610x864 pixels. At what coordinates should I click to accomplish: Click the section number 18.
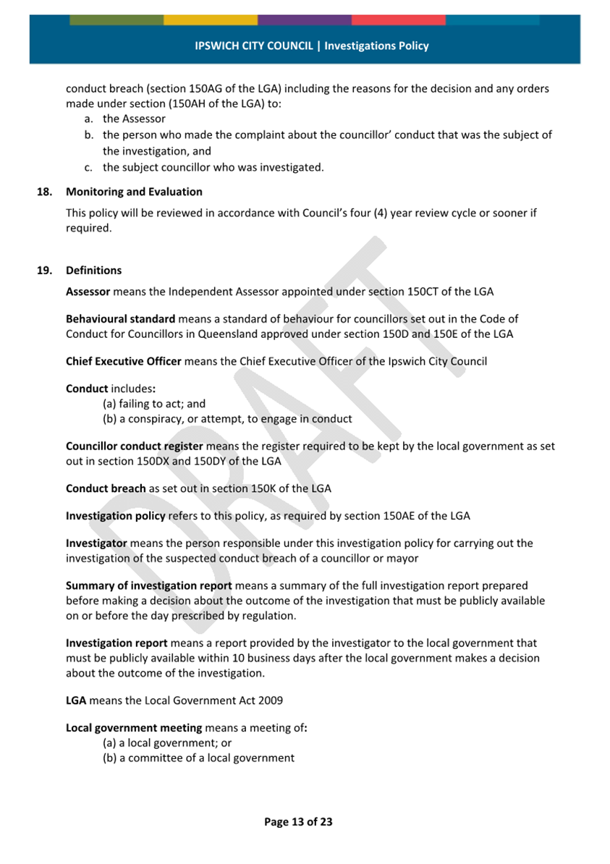45,192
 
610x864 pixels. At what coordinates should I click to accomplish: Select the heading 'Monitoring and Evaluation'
134,192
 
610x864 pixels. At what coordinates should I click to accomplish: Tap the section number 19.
45,271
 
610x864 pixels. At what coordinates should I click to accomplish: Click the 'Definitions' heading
93,271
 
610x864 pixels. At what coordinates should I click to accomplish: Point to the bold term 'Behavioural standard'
120,318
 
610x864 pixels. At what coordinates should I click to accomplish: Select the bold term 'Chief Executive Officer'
124,361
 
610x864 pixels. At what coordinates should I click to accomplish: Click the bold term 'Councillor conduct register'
134,446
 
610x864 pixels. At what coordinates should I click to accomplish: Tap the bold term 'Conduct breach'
106,488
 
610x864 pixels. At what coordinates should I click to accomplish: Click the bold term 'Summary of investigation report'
149,585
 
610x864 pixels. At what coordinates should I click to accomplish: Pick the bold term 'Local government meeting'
134,728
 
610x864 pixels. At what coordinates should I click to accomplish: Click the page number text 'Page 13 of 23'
298,821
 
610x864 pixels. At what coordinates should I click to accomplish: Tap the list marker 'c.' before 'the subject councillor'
90,168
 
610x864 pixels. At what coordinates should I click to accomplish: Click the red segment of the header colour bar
398,20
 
